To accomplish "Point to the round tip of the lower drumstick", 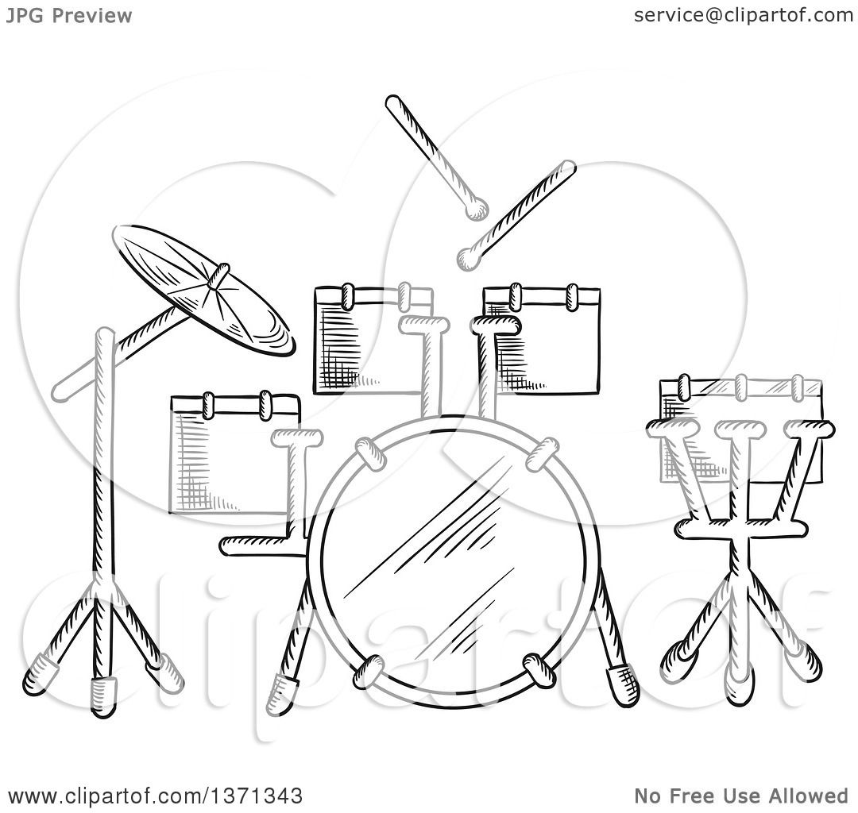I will (x=467, y=256).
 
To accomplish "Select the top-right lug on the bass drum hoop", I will (x=542, y=453).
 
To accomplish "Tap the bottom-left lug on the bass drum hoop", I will (x=369, y=672).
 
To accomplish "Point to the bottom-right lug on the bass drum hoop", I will (x=540, y=669).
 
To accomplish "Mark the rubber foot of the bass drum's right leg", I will (x=622, y=685).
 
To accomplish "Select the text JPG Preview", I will (x=68, y=15).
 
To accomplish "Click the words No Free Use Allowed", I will (x=740, y=796).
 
